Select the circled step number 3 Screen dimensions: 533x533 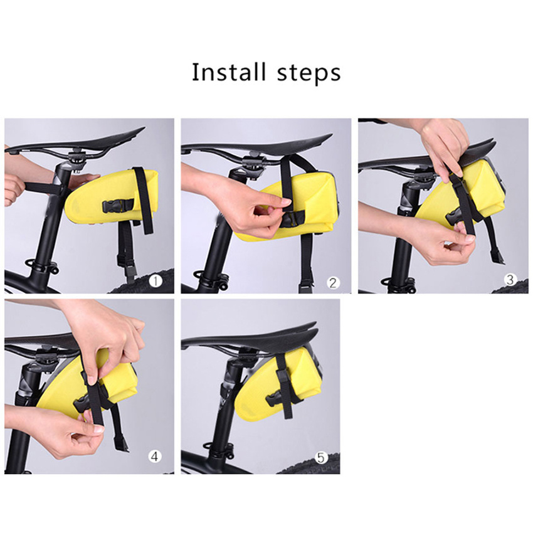pyautogui.click(x=510, y=280)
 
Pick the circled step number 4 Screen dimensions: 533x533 pyautogui.click(x=155, y=456)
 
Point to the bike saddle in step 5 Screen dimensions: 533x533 pyautogui.click(x=251, y=337)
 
